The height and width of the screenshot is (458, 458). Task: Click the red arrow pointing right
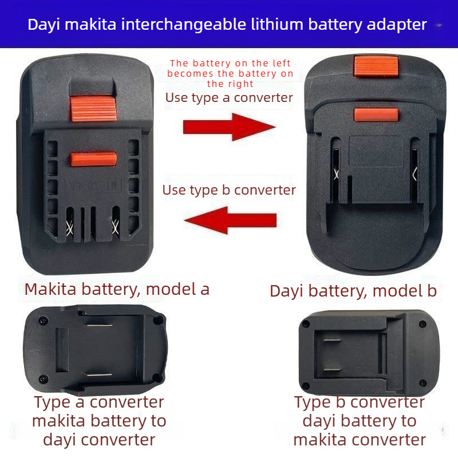(230, 127)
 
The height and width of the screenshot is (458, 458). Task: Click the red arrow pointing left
(230, 220)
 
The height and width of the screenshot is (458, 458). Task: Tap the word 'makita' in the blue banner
(90, 24)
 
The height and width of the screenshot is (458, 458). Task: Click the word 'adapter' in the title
(397, 25)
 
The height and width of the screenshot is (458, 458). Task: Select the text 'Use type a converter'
(229, 98)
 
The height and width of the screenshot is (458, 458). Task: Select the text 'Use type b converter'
(229, 190)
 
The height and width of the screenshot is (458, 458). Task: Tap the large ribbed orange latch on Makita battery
(93, 108)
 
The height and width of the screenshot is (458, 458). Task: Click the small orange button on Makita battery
(93, 159)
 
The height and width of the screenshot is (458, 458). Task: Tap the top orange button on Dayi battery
(376, 66)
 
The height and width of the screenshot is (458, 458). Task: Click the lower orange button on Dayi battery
(376, 114)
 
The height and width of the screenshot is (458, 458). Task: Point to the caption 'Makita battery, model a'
(117, 290)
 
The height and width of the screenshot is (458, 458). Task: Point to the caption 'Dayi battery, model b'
(353, 291)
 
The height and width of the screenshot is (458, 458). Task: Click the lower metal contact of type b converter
(333, 369)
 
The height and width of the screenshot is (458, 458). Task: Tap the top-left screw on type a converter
(44, 321)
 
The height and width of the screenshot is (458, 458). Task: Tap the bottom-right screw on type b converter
(423, 382)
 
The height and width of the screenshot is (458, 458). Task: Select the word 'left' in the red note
(282, 63)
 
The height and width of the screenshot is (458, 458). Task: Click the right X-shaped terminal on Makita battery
(116, 227)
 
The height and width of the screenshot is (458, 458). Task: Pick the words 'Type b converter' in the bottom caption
(360, 402)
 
